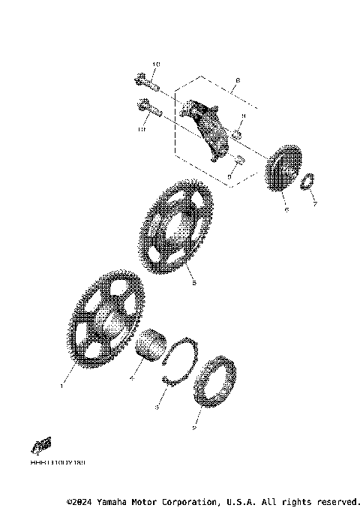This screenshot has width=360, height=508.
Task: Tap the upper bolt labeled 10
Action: pyautogui.click(x=147, y=80)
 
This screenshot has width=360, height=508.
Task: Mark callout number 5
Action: pyautogui.click(x=194, y=284)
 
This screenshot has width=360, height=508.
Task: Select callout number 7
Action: pyautogui.click(x=316, y=204)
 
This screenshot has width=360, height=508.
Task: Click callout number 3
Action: pyautogui.click(x=156, y=407)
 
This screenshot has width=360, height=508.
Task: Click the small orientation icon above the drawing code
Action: pyautogui.click(x=42, y=443)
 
